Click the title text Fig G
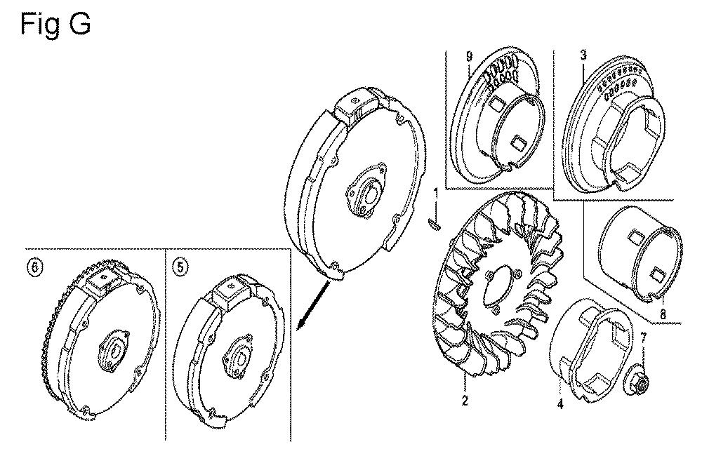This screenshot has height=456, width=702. pyautogui.click(x=55, y=24)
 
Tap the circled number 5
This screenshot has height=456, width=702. pyautogui.click(x=180, y=267)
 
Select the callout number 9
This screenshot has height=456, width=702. pyautogui.click(x=469, y=56)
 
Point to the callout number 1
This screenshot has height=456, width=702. pyautogui.click(x=435, y=194)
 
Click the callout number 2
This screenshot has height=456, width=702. pyautogui.click(x=465, y=400)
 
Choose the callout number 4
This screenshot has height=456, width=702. pyautogui.click(x=560, y=405)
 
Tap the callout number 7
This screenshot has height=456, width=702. pyautogui.click(x=643, y=338)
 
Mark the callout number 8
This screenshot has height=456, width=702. pyautogui.click(x=663, y=314)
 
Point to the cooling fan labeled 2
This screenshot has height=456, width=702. pyautogui.click(x=497, y=291)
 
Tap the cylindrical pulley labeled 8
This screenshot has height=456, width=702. pyautogui.click(x=640, y=254)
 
